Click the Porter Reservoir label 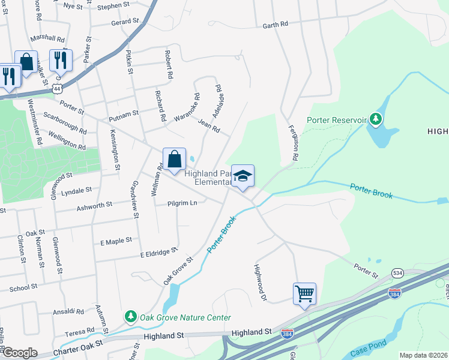click(x=336, y=120)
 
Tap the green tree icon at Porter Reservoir click(x=376, y=119)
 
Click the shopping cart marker click(x=304, y=294)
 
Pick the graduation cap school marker click(x=243, y=176)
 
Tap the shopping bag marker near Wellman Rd click(x=174, y=160)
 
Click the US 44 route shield click(x=57, y=88)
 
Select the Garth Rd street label click(x=276, y=25)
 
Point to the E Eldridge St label click(x=158, y=252)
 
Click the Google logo click(x=19, y=353)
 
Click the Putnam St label click(x=123, y=113)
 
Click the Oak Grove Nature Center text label click(x=185, y=317)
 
